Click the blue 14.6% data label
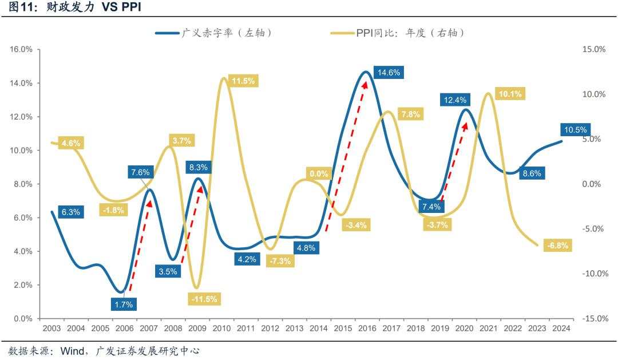pos(390,73)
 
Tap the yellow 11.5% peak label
pos(243,81)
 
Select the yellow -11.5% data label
pos(204,299)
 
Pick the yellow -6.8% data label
pos(557,246)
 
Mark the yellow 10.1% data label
pos(510,94)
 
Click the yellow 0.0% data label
pos(319,173)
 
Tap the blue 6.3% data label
pos(70,212)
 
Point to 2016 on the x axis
pos(367,329)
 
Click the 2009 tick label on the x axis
pos(197,329)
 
